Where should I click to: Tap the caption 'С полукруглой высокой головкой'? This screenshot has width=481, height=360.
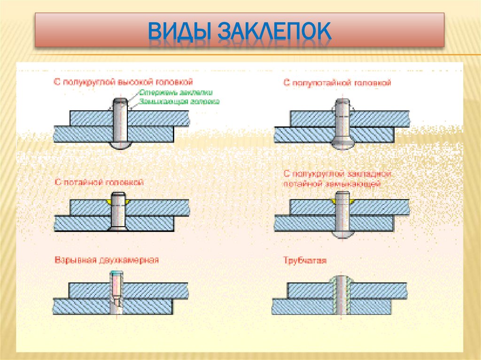[123, 82]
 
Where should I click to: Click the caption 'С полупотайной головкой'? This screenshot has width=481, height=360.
[337, 83]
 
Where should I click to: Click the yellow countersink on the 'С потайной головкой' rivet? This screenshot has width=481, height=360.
[109, 201]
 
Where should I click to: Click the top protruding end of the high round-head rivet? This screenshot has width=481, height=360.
[121, 102]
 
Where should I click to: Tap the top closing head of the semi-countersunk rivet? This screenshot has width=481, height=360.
[342, 105]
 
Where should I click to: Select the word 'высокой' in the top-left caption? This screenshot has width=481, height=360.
[136, 82]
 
